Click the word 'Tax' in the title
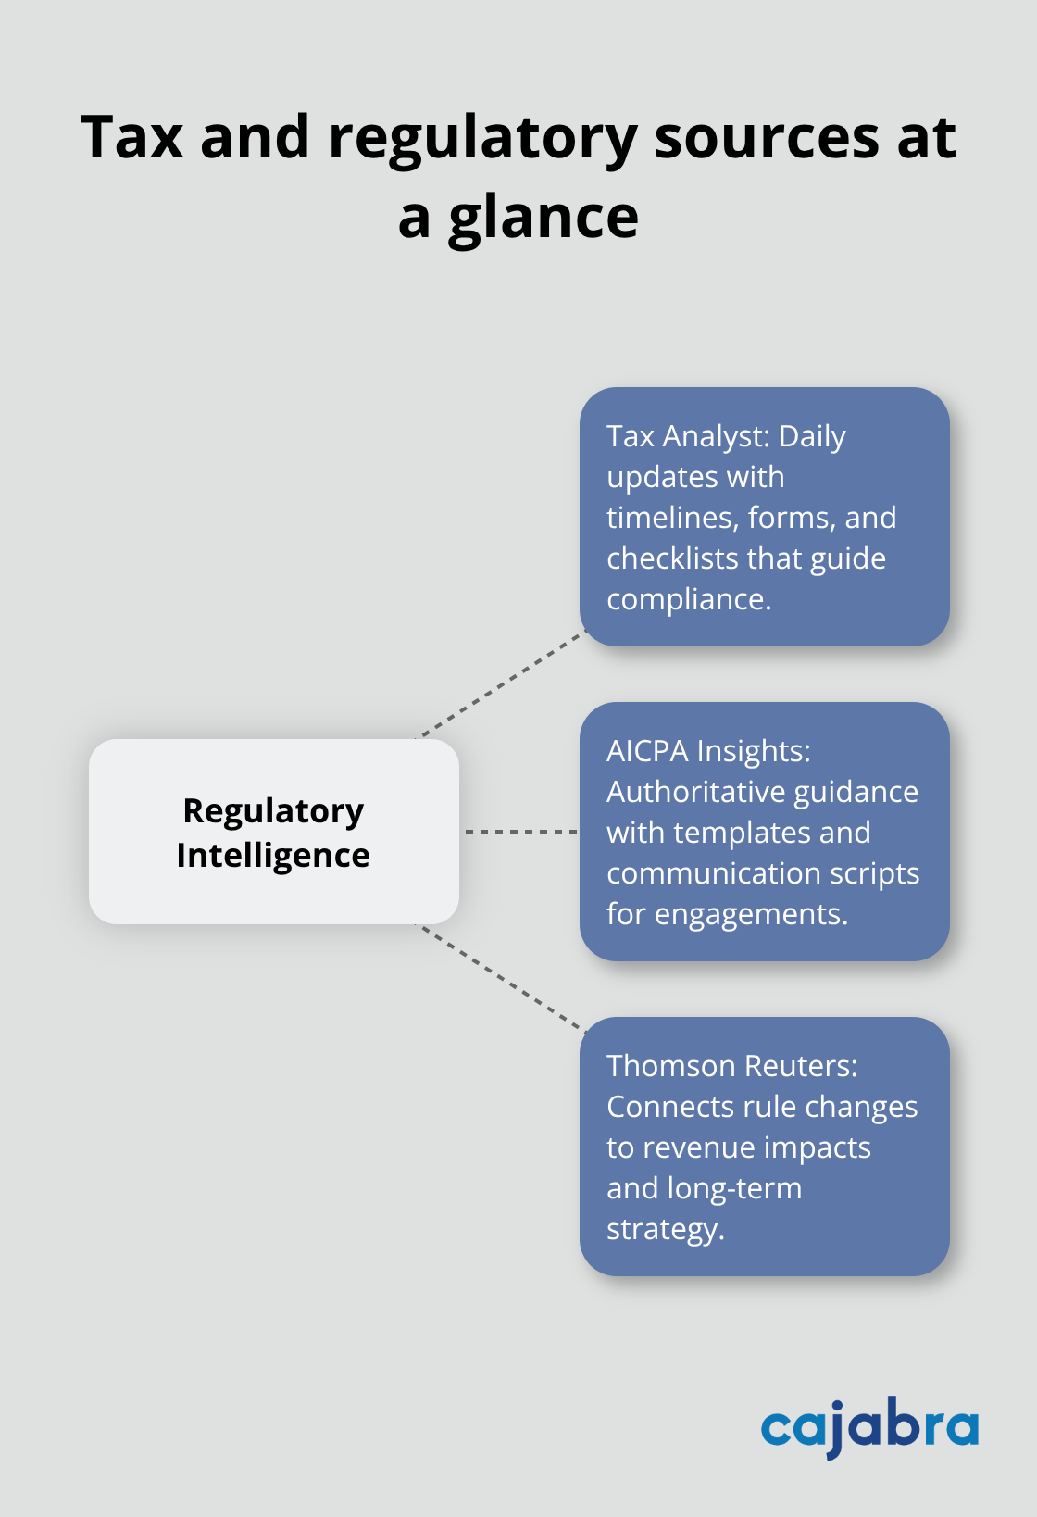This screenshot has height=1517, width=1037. [x=131, y=137]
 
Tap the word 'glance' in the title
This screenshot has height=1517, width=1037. [x=543, y=219]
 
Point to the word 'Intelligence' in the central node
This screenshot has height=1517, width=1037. [x=273, y=855]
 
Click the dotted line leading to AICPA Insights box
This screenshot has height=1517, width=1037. [x=520, y=832]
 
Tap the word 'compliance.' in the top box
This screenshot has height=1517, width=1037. [x=689, y=599]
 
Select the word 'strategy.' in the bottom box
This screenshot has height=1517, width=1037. [x=665, y=1229]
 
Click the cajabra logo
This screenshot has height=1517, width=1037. [x=869, y=1427]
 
